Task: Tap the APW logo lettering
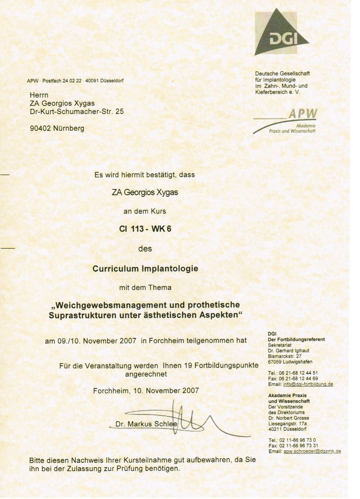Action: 303,114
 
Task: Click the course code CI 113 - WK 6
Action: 145,230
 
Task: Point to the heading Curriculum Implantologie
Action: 145,269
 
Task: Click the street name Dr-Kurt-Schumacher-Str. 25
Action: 77,111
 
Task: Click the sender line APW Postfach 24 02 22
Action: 75,81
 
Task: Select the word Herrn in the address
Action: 39,95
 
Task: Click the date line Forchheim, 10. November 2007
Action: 146,391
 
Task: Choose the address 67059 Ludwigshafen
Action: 290,361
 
